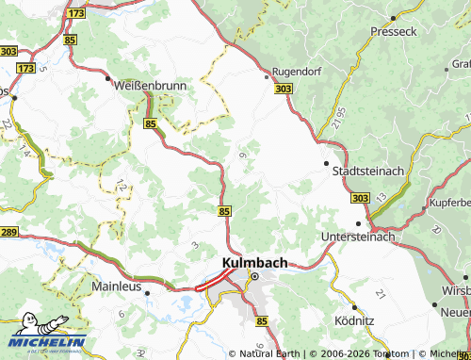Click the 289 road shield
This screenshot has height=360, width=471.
(8, 232)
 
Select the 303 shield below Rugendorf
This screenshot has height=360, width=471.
(284, 88)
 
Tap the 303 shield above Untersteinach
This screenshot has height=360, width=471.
(359, 199)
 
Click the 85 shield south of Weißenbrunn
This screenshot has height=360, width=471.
(151, 123)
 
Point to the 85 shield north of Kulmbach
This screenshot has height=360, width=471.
(224, 211)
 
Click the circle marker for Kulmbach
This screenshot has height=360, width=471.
(253, 275)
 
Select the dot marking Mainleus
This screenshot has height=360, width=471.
(148, 292)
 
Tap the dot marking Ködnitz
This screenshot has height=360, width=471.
(353, 307)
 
